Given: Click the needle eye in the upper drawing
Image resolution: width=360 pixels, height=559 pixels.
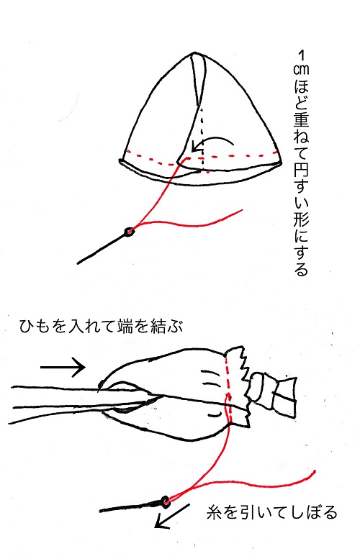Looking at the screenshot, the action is point(129,232).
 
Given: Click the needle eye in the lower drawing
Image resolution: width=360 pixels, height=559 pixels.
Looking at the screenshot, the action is point(165,501).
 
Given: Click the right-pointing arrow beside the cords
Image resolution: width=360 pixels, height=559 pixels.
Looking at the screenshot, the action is point(63,366).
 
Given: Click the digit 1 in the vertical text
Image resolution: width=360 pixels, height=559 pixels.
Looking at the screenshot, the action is point(301,55).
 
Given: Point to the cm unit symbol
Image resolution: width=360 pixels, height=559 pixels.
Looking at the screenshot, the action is point(301,70).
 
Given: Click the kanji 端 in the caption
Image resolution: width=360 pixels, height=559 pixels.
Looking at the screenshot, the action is point(125,326).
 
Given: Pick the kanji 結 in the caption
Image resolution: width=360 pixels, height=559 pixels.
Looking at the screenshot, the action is point(158,326).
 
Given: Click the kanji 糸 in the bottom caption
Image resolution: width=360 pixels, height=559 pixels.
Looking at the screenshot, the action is point(215,513).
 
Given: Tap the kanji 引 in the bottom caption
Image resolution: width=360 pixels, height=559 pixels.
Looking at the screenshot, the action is point(247,513).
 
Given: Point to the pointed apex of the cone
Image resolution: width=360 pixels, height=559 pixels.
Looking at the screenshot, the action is point(193,54).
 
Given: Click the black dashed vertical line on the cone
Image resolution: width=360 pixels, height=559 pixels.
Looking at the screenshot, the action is point(202,138).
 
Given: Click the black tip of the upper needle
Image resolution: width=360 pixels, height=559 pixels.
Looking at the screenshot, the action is point(78,263).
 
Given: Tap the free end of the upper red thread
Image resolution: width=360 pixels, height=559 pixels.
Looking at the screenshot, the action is point(242,210).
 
